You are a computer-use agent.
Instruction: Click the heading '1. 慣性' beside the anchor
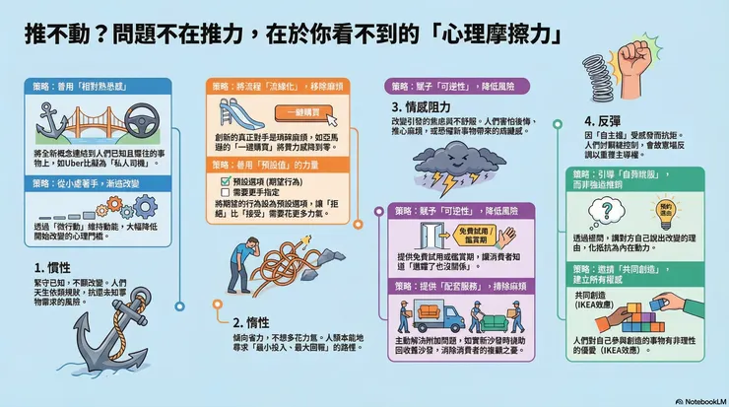tap(52, 266)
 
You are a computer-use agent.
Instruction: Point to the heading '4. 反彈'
tap(603, 123)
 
